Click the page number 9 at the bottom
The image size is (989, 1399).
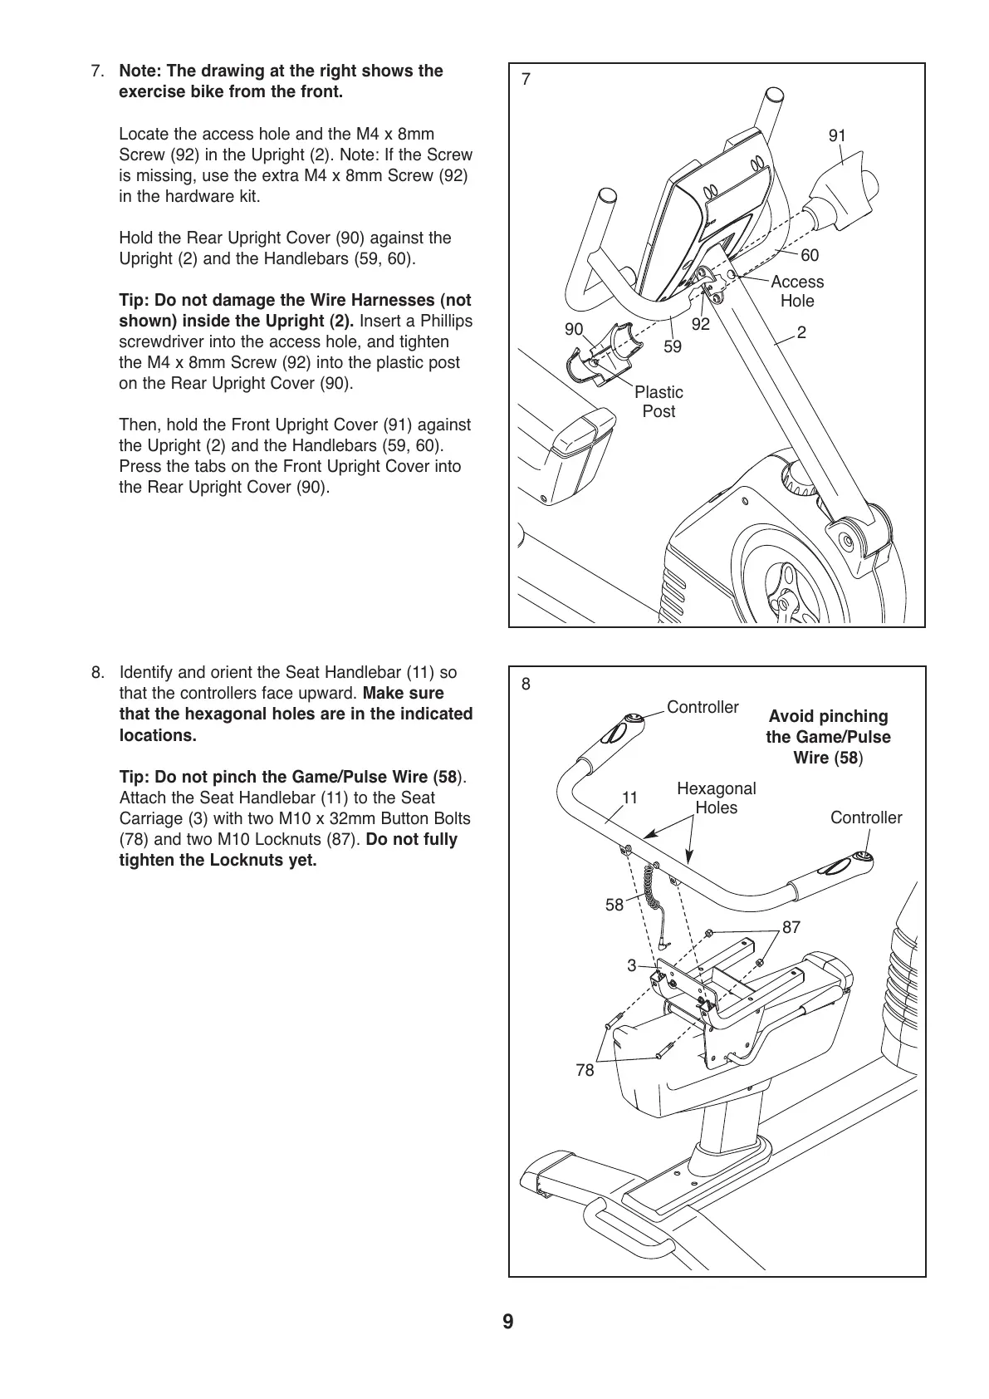[507, 1322]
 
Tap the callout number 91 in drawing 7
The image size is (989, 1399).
[837, 135]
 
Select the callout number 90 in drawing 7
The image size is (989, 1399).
[574, 329]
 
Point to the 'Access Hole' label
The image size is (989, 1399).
[797, 292]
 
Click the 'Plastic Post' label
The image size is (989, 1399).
[659, 402]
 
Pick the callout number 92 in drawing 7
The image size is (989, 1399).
[701, 325]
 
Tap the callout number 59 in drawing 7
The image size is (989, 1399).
[672, 346]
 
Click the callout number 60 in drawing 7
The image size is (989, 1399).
[809, 256]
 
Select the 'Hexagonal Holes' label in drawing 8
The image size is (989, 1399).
[716, 798]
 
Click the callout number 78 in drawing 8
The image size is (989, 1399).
[585, 1071]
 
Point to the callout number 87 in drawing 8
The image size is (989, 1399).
[791, 926]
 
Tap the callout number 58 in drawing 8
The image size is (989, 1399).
[614, 906]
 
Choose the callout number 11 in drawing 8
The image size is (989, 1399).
[629, 798]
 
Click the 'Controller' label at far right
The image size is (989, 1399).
[865, 817]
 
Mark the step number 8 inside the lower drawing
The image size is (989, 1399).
[526, 685]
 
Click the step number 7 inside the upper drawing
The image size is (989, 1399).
[525, 80]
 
